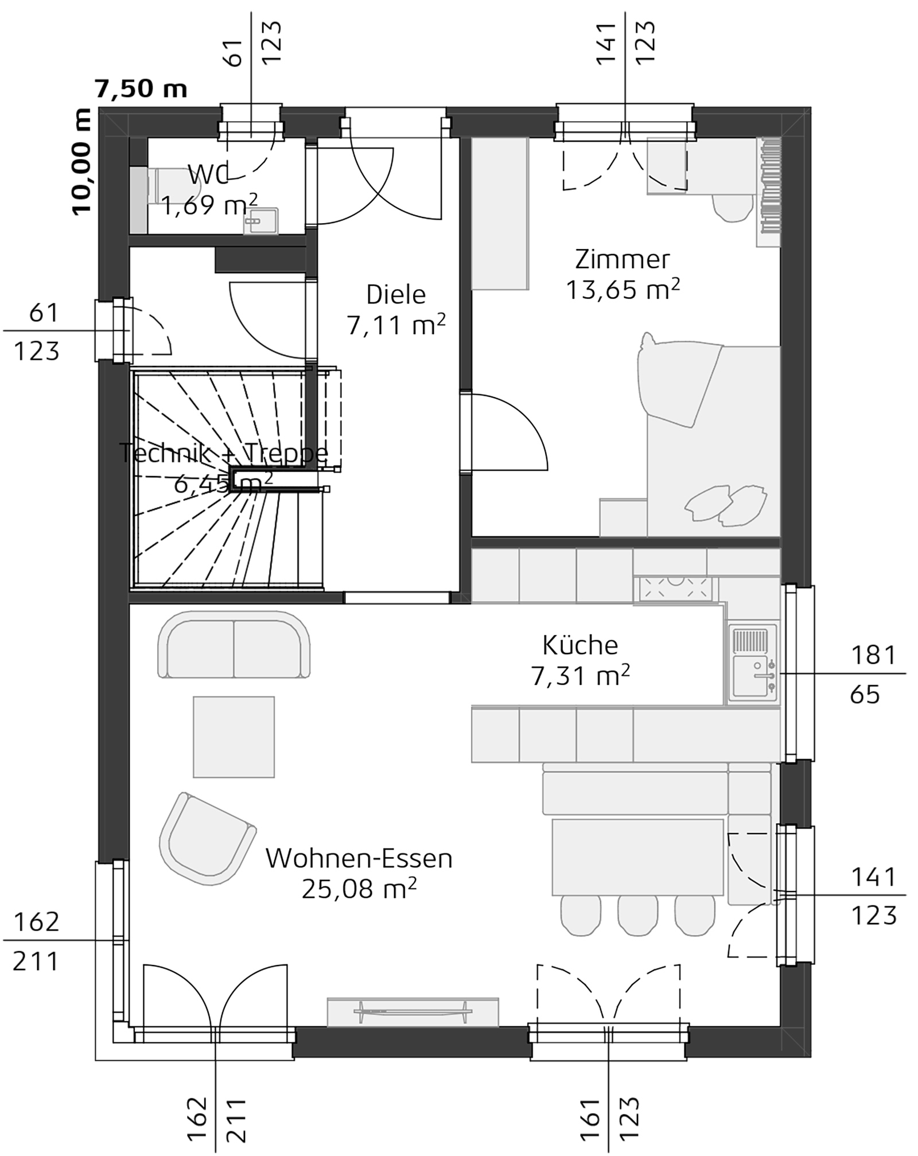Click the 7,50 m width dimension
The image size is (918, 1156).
tap(141, 89)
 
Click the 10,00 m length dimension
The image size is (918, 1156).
tap(81, 162)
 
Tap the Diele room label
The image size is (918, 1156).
tap(396, 294)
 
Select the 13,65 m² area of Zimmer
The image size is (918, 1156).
tap(623, 290)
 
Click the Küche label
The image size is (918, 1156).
tap(580, 645)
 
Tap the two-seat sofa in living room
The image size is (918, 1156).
tap(234, 645)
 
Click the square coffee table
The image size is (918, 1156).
tap(234, 737)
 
